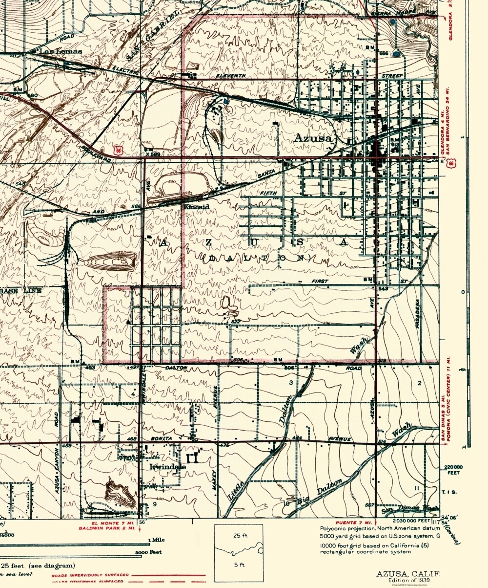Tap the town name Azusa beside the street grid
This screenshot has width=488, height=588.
click(x=313, y=138)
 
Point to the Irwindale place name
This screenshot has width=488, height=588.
click(x=167, y=466)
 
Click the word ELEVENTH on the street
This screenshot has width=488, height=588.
click(x=231, y=77)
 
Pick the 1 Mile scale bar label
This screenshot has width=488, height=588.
click(x=156, y=540)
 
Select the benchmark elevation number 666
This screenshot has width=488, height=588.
click(x=383, y=53)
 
